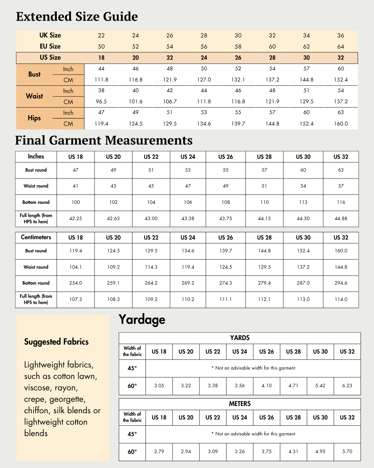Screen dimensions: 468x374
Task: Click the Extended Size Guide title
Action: pyautogui.click(x=77, y=17)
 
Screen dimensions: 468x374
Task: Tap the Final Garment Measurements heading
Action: pyautogui.click(x=104, y=140)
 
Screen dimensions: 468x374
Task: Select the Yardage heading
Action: pyautogui.click(x=142, y=319)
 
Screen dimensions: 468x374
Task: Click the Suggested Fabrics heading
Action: pyautogui.click(x=56, y=342)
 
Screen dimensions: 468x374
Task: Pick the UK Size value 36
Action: pyautogui.click(x=341, y=35)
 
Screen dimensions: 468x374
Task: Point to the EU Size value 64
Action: pyautogui.click(x=341, y=46)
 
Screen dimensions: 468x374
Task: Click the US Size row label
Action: pyautogui.click(x=50, y=58)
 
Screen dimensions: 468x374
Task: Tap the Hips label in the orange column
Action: pyautogui.click(x=34, y=118)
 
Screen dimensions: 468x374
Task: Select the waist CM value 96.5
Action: pyautogui.click(x=101, y=102)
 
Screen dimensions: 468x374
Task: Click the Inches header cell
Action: pyautogui.click(x=36, y=157)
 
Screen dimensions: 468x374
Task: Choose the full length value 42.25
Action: pyautogui.click(x=75, y=218)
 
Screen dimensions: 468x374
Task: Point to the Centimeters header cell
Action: pyautogui.click(x=36, y=237)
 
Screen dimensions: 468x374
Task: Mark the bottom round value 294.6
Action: pyautogui.click(x=341, y=283)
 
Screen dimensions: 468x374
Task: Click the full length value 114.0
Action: pyautogui.click(x=341, y=299)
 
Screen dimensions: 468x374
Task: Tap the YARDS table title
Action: pyautogui.click(x=240, y=338)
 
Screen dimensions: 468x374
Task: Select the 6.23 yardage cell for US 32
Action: pyautogui.click(x=347, y=385)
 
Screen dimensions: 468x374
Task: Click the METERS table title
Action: pyautogui.click(x=240, y=404)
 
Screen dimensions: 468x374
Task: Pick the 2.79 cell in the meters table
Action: pyautogui.click(x=159, y=451)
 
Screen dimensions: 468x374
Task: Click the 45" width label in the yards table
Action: pyautogui.click(x=132, y=368)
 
